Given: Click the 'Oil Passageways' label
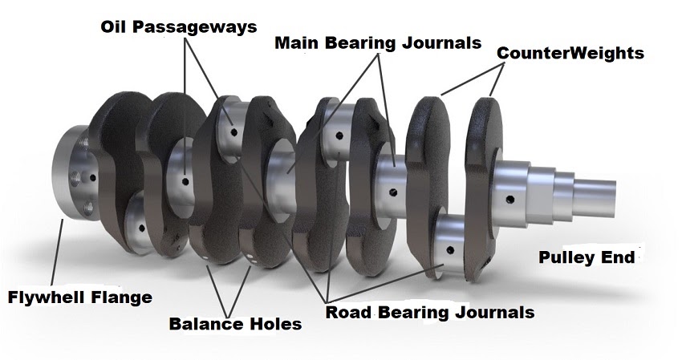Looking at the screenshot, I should pyautogui.click(x=178, y=26).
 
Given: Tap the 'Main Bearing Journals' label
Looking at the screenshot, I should pyautogui.click(x=378, y=42).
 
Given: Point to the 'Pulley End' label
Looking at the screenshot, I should pyautogui.click(x=587, y=257).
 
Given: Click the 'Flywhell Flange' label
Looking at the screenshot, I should pyautogui.click(x=79, y=297).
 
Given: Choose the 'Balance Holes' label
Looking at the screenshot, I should pyautogui.click(x=235, y=324).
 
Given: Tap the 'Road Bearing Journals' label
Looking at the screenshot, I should pyautogui.click(x=429, y=311).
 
